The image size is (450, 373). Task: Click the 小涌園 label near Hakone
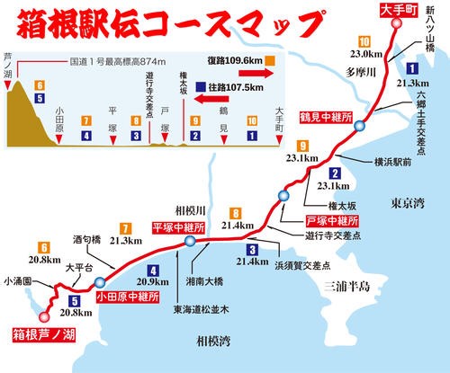click(x=17, y=280)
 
